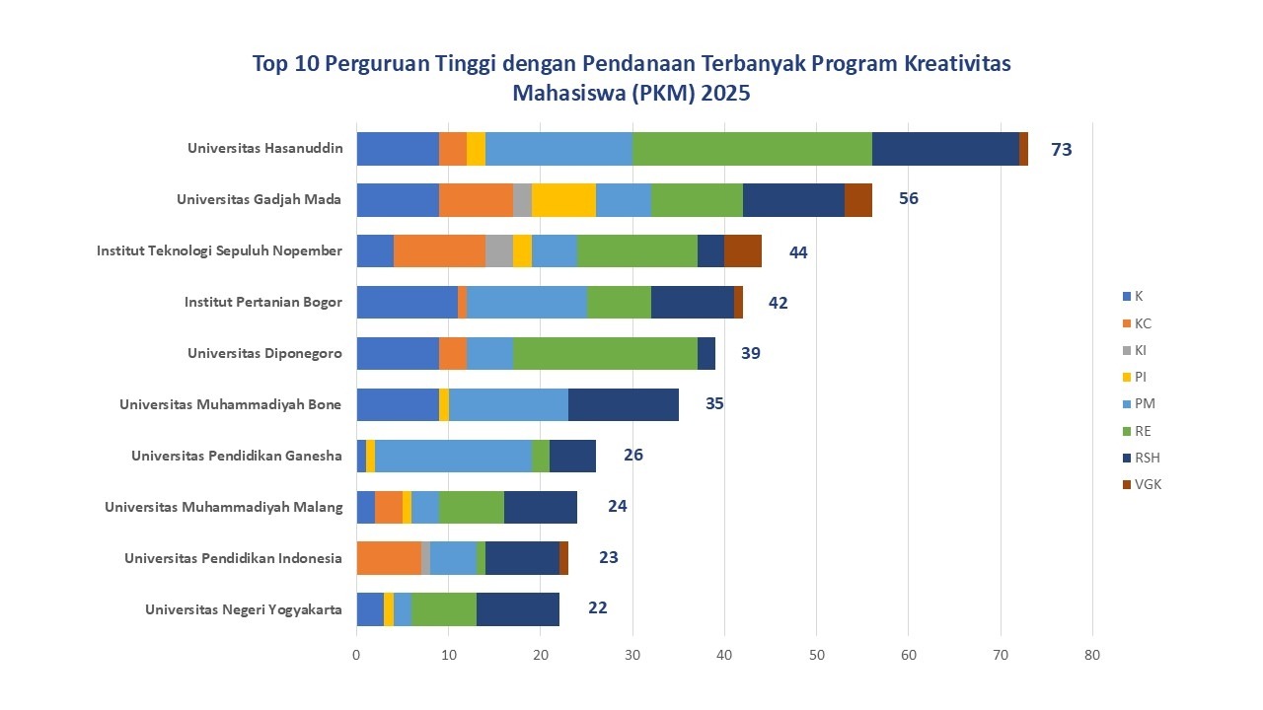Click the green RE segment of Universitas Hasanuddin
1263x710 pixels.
coord(752,148)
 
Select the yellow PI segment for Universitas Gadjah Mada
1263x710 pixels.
coord(563,199)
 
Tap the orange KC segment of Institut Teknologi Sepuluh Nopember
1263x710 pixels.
coord(439,250)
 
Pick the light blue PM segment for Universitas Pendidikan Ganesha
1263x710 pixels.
coord(453,456)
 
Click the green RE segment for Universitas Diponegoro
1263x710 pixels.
coord(605,353)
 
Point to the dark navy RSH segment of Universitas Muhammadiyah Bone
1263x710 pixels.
coord(623,404)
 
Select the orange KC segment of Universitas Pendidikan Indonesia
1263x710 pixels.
coord(389,558)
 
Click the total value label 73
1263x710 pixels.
coord(1061,150)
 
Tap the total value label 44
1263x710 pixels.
coord(798,252)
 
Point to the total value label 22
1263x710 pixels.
coord(597,607)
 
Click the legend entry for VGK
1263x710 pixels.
coord(1148,484)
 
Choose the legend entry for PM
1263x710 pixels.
coord(1145,403)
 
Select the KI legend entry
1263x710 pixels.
coord(1141,350)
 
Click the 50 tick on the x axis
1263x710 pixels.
coord(816,654)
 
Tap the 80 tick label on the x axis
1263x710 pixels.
coord(1092,654)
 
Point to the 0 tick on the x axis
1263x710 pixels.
coord(356,654)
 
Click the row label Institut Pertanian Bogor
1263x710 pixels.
coord(262,302)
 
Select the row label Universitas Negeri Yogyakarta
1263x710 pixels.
coord(243,609)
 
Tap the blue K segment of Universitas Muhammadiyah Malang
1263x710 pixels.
coord(365,507)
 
